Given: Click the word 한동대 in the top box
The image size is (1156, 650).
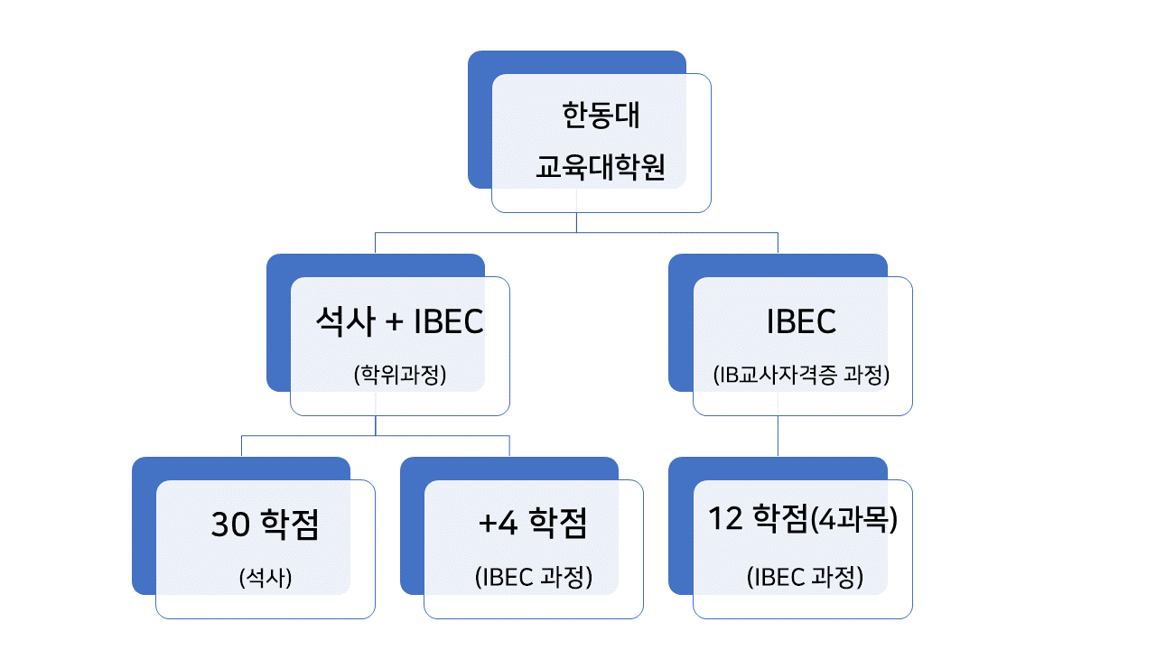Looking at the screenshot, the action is [601, 115].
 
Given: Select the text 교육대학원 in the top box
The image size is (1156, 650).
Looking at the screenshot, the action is [601, 167].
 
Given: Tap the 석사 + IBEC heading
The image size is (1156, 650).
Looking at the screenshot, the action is [399, 321].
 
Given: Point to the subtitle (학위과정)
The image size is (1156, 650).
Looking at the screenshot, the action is [400, 375].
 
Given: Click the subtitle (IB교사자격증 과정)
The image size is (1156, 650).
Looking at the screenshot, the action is [801, 375].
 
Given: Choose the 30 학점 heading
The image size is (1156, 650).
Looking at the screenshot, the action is [265, 525].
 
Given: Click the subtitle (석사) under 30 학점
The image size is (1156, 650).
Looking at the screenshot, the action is [266, 577].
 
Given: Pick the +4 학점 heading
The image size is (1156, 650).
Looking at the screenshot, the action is [533, 523].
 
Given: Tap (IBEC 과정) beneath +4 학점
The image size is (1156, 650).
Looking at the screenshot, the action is [534, 577].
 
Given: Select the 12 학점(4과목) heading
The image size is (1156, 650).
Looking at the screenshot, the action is [803, 518].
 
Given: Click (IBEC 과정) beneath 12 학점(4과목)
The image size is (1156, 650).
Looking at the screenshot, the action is [805, 577].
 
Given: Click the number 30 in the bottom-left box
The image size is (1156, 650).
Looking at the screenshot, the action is [230, 525].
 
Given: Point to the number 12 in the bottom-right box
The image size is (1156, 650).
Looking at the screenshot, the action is [725, 518].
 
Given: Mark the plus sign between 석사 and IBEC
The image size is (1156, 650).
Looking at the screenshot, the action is [394, 322].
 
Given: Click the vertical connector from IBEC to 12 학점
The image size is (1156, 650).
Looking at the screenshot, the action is [778, 435].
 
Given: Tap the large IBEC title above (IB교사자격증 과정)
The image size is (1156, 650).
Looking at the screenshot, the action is [801, 321].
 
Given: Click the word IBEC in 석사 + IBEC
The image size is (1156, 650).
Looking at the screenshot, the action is [449, 321].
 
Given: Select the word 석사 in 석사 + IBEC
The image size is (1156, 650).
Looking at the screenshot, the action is [345, 321].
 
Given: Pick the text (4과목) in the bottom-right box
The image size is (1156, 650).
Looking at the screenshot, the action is [854, 519].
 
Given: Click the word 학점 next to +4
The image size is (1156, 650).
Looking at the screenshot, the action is [558, 523].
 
